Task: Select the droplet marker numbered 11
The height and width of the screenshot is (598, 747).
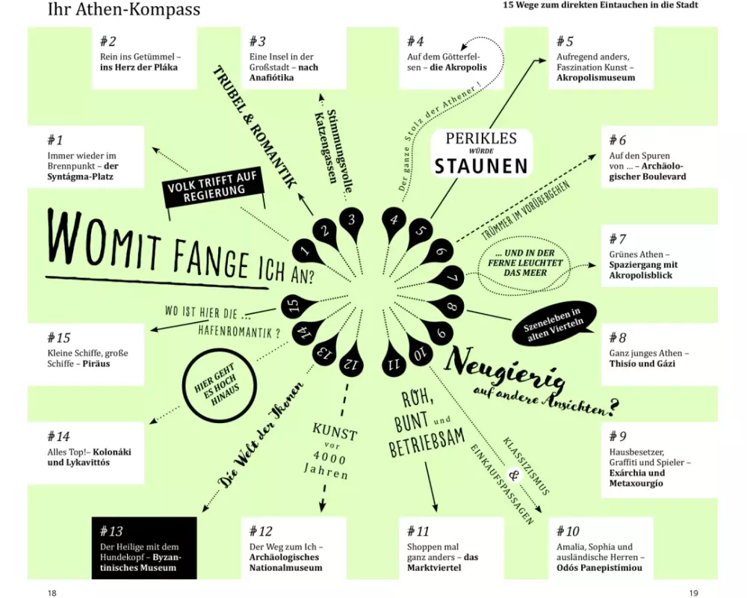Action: click(x=394, y=363)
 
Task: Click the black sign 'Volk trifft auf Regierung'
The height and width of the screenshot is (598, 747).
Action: click(x=214, y=188)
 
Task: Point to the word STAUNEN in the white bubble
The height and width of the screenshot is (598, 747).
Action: click(x=481, y=165)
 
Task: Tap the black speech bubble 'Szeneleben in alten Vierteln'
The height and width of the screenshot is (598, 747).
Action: click(x=554, y=323)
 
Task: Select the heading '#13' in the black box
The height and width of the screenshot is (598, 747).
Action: click(x=111, y=531)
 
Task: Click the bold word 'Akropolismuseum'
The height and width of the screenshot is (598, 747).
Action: click(x=595, y=78)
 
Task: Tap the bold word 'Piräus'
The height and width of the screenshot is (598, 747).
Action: click(x=96, y=364)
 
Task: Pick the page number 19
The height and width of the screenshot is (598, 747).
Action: click(x=694, y=593)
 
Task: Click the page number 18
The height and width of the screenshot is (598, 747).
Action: click(x=52, y=593)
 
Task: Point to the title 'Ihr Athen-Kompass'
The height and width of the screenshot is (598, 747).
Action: click(x=124, y=9)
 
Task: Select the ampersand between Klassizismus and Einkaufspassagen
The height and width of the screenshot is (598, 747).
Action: click(x=514, y=475)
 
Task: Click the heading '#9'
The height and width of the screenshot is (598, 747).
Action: click(x=618, y=436)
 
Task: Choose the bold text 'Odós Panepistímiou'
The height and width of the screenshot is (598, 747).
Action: click(x=599, y=568)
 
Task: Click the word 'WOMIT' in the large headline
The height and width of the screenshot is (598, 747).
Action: click(x=103, y=238)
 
